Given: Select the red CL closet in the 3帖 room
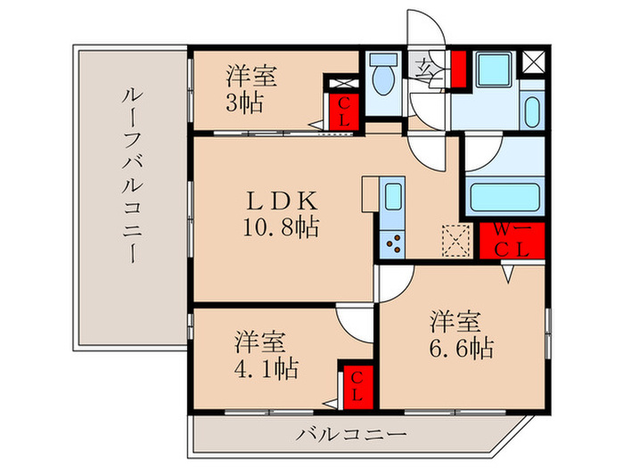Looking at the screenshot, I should coord(342,111).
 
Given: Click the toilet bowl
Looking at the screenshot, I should coord(385,78).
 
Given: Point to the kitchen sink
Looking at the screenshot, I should coord(392,197).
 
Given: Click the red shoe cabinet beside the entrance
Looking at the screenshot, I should coord(459,70).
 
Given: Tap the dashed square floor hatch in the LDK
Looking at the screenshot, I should coord(456,239).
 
